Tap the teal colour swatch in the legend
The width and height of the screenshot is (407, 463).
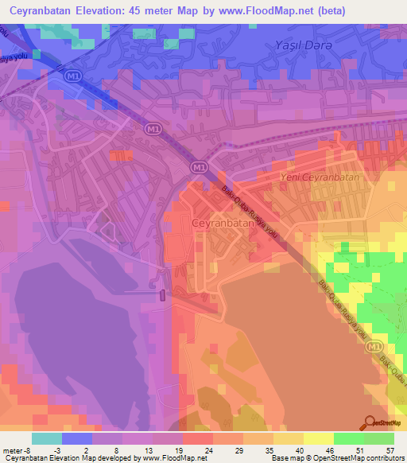pos(47,438)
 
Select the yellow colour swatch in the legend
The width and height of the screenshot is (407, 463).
pos(319,438)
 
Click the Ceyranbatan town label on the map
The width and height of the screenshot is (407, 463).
pos(223,224)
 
